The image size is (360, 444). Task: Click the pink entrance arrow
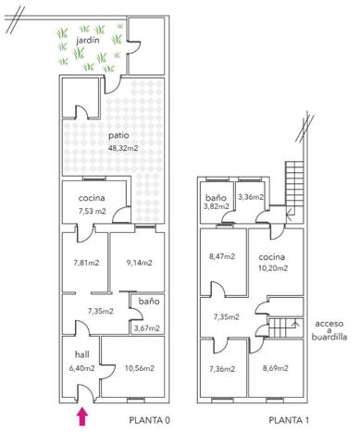(82, 416)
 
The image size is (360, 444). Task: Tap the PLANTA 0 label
(149, 420)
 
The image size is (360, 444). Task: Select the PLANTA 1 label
(289, 420)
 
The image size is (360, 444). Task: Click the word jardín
(88, 40)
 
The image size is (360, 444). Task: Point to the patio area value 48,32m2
(123, 148)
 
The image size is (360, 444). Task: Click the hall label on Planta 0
(82, 354)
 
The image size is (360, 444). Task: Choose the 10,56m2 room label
(140, 368)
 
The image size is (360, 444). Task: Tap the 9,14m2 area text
(140, 263)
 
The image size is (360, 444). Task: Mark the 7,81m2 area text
(86, 263)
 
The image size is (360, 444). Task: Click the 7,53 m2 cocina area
(93, 211)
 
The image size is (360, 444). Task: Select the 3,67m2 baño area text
(147, 328)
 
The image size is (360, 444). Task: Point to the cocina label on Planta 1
(272, 257)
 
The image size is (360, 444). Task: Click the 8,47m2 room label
(222, 256)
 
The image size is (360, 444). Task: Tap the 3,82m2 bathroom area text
(216, 206)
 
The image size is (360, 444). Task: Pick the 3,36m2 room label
(251, 197)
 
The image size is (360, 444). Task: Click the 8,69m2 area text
(276, 368)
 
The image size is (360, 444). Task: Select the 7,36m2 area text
(222, 369)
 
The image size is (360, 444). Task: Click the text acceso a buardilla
(329, 330)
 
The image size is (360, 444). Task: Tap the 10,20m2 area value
(273, 268)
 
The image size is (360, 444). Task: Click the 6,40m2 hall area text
(82, 368)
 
